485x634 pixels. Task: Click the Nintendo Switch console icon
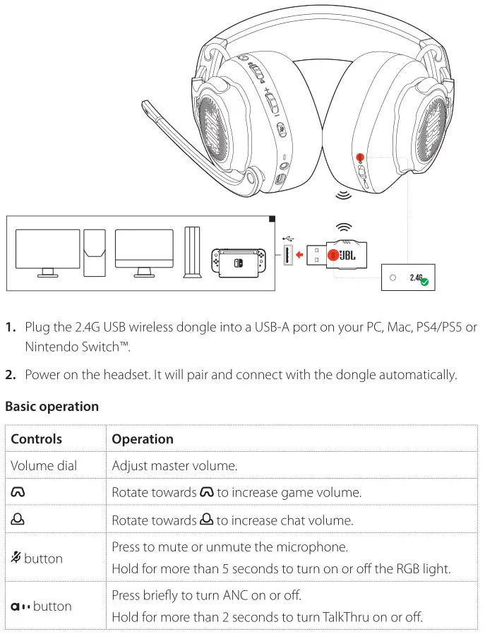[239, 261]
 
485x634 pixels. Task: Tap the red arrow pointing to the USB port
[303, 254]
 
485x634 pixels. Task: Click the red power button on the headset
[360, 158]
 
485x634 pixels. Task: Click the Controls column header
[36, 438]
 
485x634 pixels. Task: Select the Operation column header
[143, 438]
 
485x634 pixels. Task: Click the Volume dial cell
[44, 465]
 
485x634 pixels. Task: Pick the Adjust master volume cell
[174, 465]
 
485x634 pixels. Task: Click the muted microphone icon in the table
[16, 558]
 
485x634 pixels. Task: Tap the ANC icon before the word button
[20, 606]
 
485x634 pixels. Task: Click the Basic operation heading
[52, 407]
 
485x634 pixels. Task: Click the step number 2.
[11, 375]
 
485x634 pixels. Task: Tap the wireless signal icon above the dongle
[345, 227]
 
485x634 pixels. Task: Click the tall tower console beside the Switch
[191, 252]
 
